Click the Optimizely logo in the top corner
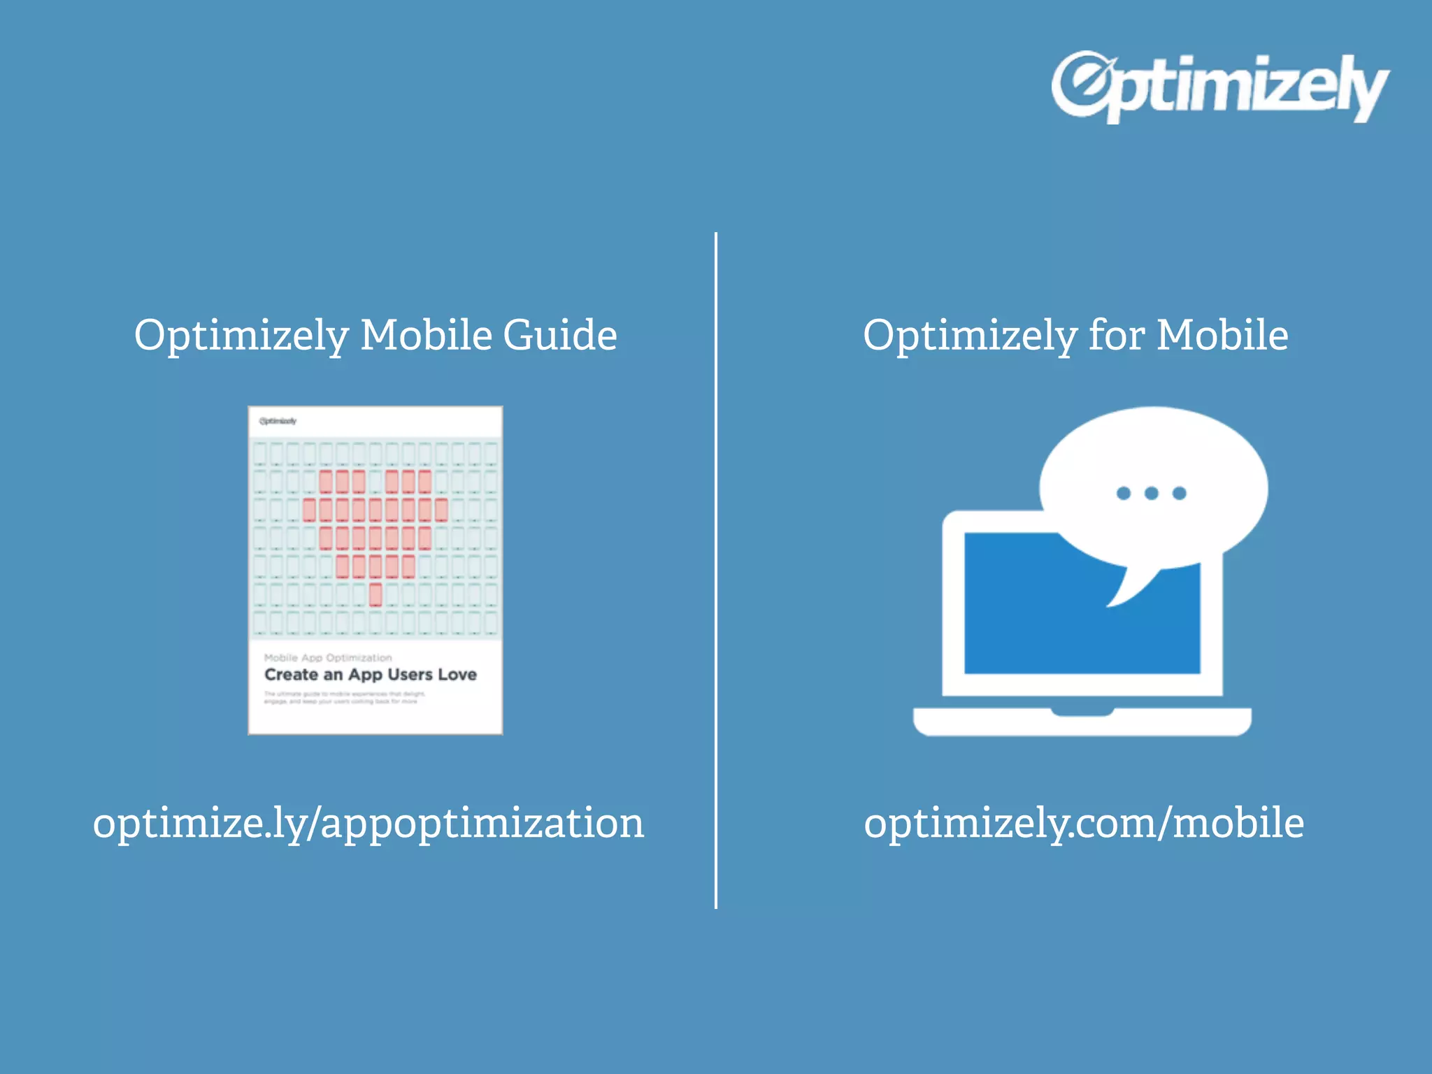pos(1219,87)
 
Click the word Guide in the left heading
pos(559,335)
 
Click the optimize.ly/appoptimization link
pos(368,823)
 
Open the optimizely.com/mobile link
pos(1083,823)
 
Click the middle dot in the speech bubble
pos(1152,494)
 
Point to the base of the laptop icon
pos(1082,722)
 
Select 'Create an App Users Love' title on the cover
pos(371,675)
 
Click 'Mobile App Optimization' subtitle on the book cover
pos(328,657)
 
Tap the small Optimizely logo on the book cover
pos(278,421)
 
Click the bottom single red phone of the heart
pos(375,594)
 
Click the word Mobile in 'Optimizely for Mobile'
pos(1222,335)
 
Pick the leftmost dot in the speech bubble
pos(1124,494)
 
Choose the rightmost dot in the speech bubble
pos(1180,494)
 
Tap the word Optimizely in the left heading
pos(241,335)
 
